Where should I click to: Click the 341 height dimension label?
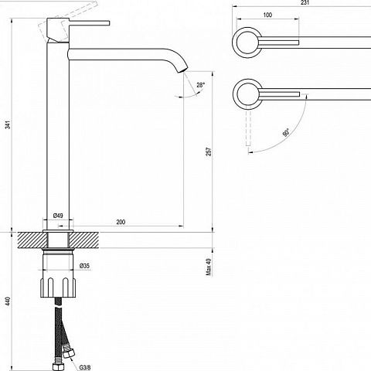[x=9, y=124]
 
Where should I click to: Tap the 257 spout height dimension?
[x=209, y=151]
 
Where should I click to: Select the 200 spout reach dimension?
[x=121, y=222]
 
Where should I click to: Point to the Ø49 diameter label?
[x=58, y=216]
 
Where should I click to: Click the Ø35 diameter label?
[x=85, y=266]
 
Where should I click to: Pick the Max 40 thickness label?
[x=209, y=267]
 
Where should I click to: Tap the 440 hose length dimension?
[x=9, y=301]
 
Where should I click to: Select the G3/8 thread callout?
[x=85, y=367]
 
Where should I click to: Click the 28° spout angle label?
[x=201, y=85]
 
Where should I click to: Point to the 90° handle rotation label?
[x=286, y=133]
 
